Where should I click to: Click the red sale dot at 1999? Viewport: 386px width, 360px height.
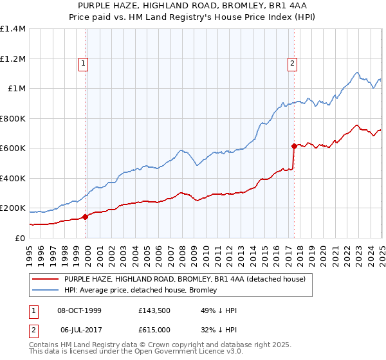[x=86, y=217]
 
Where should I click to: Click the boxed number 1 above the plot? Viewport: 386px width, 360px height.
[x=84, y=63]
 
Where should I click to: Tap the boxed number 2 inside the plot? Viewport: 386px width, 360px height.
[x=292, y=63]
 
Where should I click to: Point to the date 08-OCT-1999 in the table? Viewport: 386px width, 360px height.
[x=80, y=310]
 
